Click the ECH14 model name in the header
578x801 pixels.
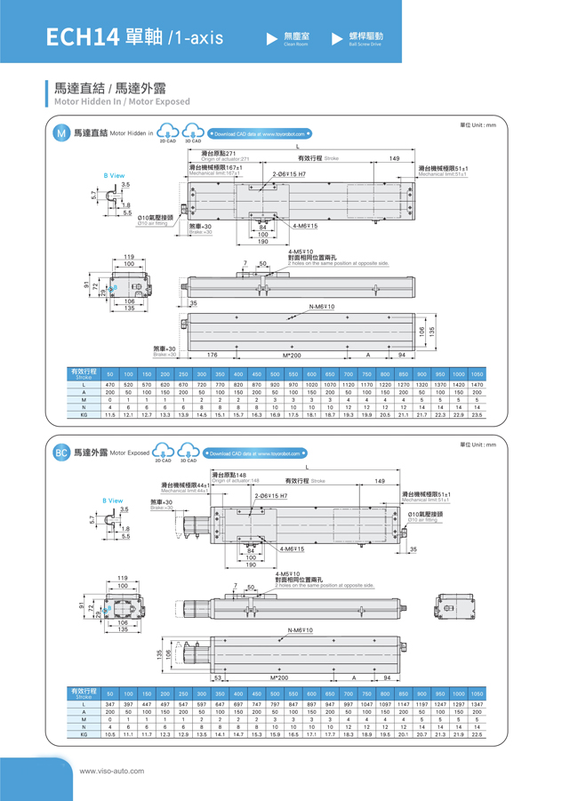80,37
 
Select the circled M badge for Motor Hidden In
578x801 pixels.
60,133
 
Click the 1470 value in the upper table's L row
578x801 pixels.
477,384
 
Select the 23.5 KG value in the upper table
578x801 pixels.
477,415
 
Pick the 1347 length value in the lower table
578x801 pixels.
477,703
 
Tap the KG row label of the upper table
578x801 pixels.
84,415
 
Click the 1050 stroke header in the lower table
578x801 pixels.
477,693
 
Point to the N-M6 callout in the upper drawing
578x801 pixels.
322,307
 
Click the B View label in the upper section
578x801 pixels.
114,176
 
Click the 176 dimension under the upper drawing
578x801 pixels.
212,355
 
